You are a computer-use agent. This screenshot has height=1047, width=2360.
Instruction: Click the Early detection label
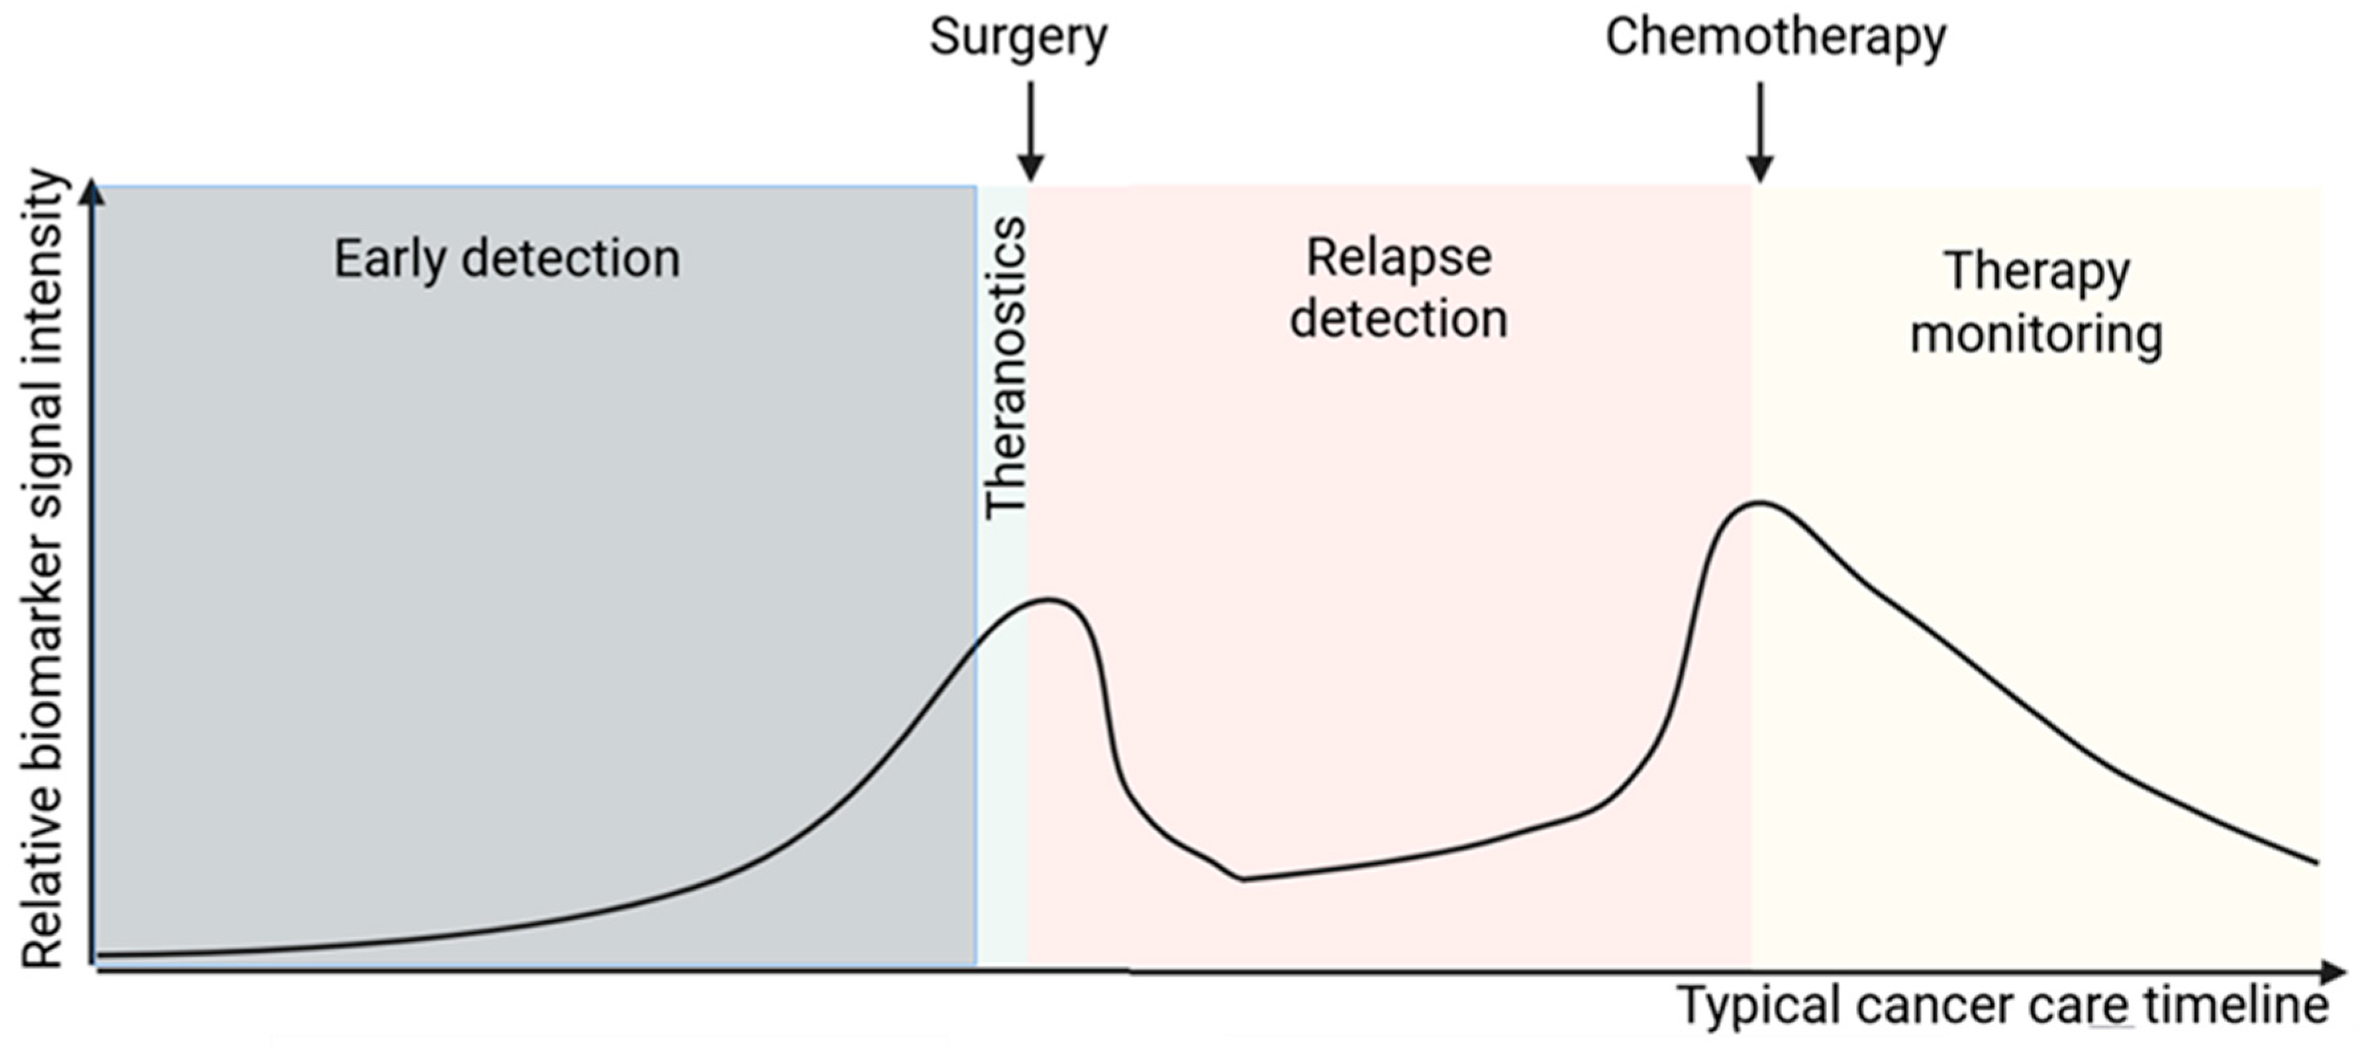pos(506,259)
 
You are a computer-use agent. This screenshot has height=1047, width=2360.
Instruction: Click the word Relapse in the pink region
pos(1399,258)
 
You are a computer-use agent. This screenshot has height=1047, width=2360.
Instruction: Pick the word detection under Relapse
pos(1399,319)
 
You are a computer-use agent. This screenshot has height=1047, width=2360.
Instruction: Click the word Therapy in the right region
pos(2037,272)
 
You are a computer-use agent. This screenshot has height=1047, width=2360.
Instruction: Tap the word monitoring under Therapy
pos(2037,334)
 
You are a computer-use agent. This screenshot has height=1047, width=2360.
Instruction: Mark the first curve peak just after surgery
pos(1049,600)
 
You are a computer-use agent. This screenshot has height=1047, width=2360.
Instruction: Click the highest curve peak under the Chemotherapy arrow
pos(1759,502)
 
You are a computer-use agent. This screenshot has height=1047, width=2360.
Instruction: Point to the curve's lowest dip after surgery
pos(1243,879)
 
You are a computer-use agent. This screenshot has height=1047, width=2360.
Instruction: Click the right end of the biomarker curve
pos(2316,861)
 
